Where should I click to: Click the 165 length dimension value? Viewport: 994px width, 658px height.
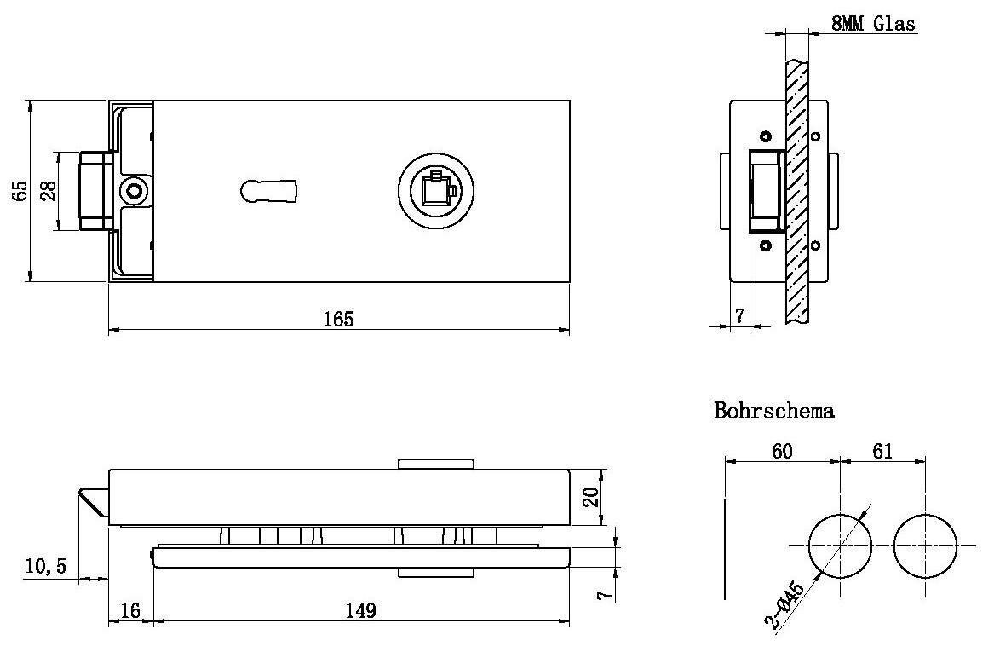(338, 319)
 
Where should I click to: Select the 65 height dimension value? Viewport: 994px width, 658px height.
(20, 190)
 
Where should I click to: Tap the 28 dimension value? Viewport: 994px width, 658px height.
(49, 190)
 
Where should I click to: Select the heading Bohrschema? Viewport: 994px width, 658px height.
(774, 411)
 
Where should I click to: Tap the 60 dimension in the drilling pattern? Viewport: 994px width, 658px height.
(781, 450)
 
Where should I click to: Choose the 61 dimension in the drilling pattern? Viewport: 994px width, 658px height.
(882, 450)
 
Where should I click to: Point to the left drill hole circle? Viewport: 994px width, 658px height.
(840, 546)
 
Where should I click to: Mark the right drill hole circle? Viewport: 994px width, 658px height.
(926, 546)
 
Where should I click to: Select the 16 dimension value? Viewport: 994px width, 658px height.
(130, 611)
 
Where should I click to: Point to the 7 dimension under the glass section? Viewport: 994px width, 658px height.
(739, 315)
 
